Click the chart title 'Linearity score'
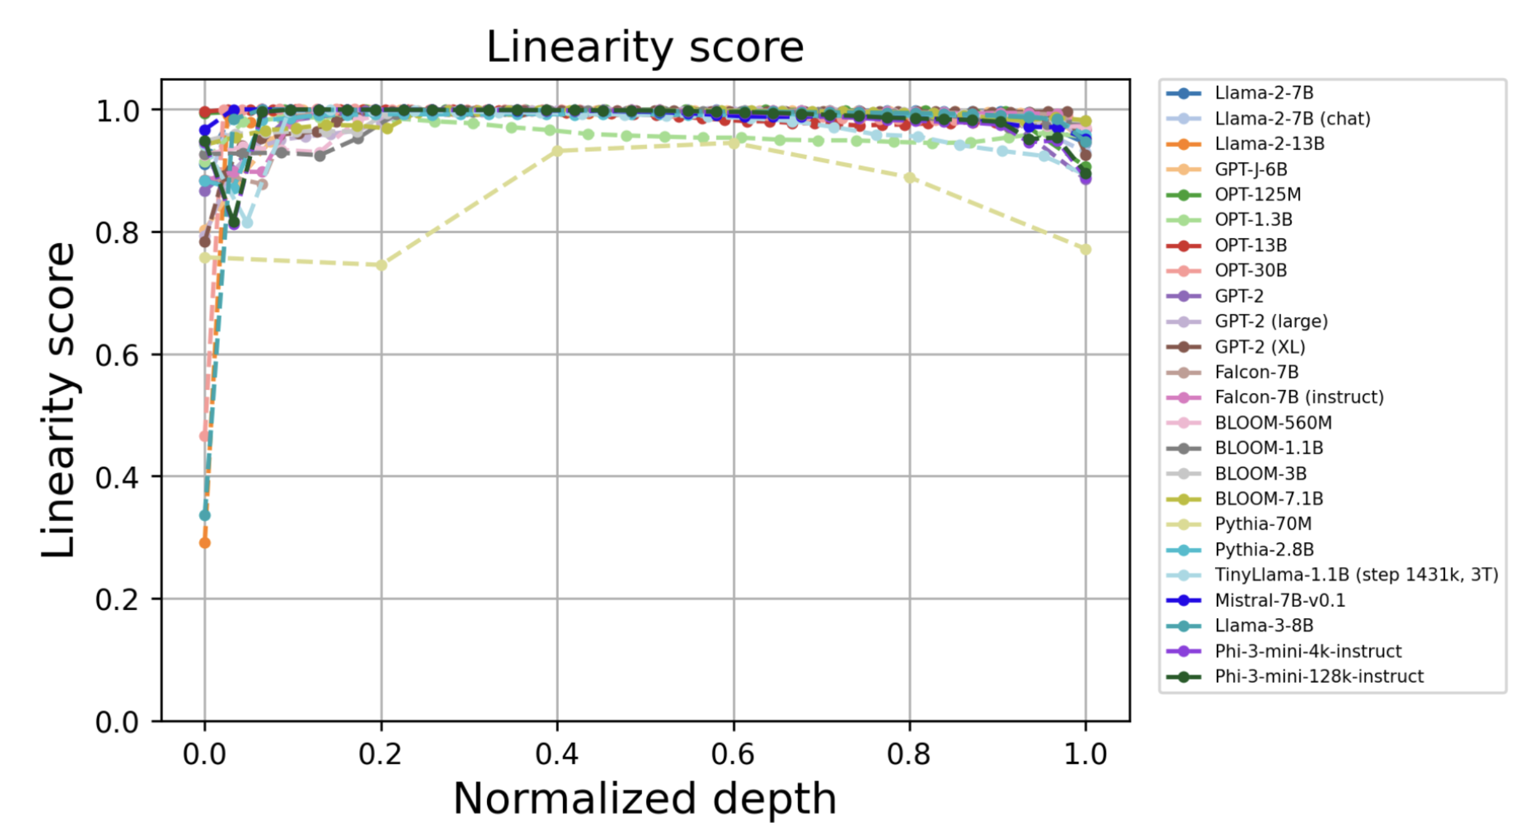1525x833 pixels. pyautogui.click(x=645, y=47)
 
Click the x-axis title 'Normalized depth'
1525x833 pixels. pyautogui.click(x=645, y=798)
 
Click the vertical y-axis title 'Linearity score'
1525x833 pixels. pyautogui.click(x=58, y=400)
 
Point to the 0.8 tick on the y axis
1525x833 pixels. pyautogui.click(x=117, y=233)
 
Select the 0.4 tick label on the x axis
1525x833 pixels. pyautogui.click(x=556, y=754)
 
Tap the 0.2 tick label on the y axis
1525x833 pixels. pyautogui.click(x=117, y=600)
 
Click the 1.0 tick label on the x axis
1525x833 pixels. pyautogui.click(x=1085, y=754)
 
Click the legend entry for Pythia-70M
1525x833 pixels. pyautogui.click(x=1263, y=524)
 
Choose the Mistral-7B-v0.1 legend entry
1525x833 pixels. pyautogui.click(x=1279, y=600)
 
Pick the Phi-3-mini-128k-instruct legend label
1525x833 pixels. pyautogui.click(x=1318, y=676)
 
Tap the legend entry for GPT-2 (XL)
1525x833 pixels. pyautogui.click(x=1259, y=347)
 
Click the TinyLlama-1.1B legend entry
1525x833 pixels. pyautogui.click(x=1355, y=575)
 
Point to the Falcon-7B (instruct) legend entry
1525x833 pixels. pyautogui.click(x=1299, y=397)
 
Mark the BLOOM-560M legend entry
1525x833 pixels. pyautogui.click(x=1273, y=423)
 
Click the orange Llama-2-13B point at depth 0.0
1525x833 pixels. pyautogui.click(x=205, y=543)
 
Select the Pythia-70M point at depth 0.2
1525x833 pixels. pyautogui.click(x=381, y=265)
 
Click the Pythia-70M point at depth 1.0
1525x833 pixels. pyautogui.click(x=1085, y=250)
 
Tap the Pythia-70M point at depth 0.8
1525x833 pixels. pyautogui.click(x=909, y=178)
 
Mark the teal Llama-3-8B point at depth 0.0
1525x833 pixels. pyautogui.click(x=205, y=515)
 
